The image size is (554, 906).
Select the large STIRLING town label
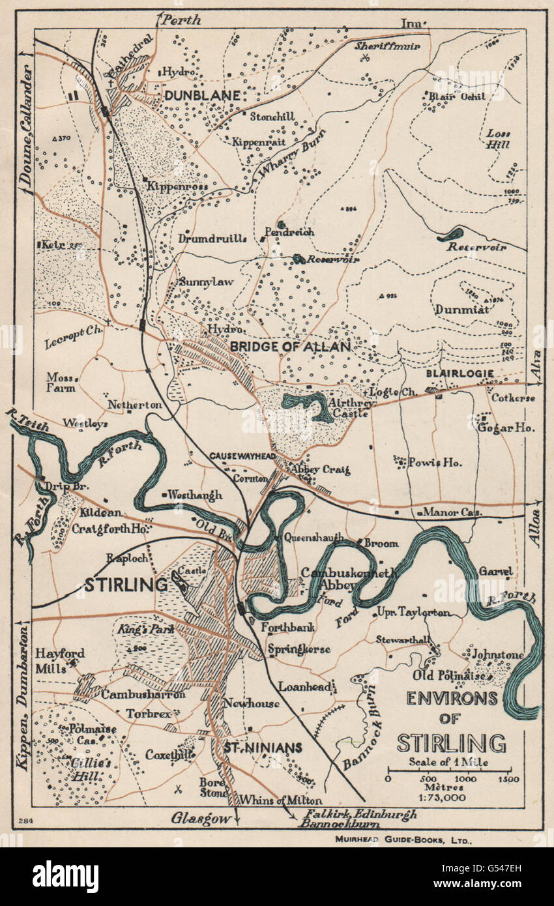tap(125, 585)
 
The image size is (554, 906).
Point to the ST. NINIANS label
tap(263, 748)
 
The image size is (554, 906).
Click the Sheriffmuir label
tap(387, 46)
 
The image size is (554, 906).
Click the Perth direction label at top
tap(182, 20)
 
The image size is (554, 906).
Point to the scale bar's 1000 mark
tap(465, 779)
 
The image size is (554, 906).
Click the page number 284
tap(26, 820)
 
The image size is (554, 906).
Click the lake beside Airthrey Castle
tap(306, 405)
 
